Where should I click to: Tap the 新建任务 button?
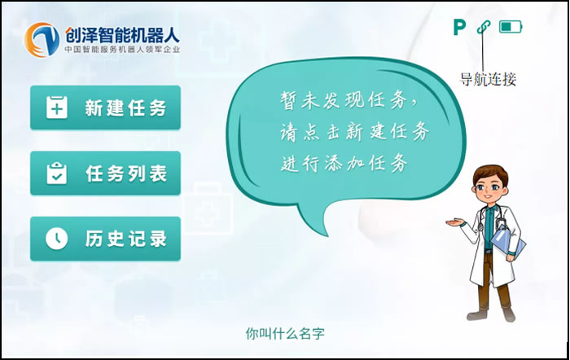[105, 108]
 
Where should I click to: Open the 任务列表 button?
[105, 173]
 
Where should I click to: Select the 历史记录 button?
[105, 238]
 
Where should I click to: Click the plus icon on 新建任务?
[56, 108]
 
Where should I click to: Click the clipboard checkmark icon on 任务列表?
[56, 173]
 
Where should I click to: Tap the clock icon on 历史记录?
[56, 238]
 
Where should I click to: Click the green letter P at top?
[459, 28]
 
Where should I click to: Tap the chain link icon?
[484, 27]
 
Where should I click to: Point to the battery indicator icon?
[511, 27]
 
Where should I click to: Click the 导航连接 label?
[488, 79]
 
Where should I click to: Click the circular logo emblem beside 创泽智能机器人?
[42, 37]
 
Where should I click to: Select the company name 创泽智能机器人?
[122, 34]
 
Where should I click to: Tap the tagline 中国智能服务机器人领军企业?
[122, 50]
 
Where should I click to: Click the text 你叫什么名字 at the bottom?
[285, 334]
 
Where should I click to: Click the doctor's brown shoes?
[493, 314]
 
